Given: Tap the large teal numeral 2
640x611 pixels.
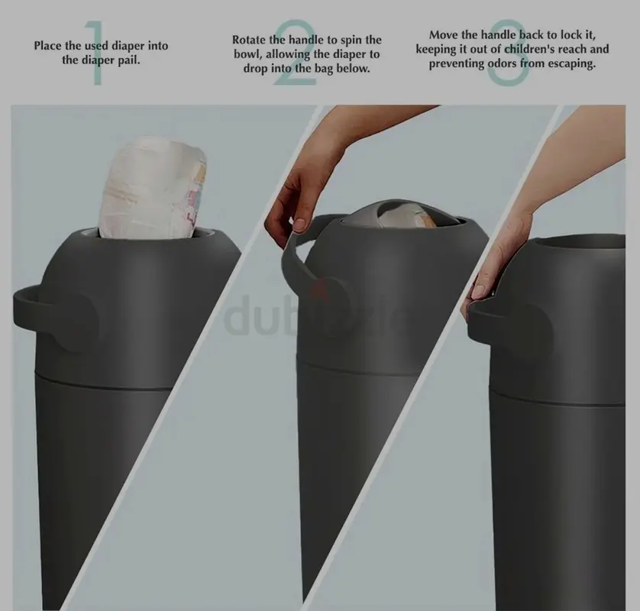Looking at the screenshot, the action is coord(295,53).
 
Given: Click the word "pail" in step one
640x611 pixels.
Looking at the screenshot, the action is coord(128,60).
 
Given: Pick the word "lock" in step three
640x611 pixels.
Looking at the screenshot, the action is coord(571,35).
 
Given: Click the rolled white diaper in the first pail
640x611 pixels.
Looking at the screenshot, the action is coord(153,188).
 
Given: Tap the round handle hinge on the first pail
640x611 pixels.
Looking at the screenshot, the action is coord(79,322).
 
